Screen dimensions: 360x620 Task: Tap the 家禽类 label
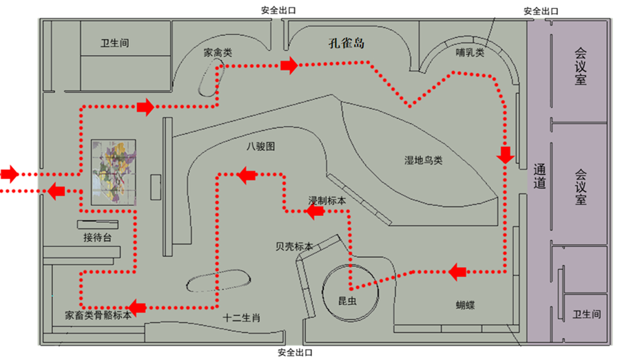click(x=218, y=52)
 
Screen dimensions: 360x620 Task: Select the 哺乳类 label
click(x=471, y=52)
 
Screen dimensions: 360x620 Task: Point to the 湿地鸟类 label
click(x=423, y=160)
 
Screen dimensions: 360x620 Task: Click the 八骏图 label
click(x=260, y=147)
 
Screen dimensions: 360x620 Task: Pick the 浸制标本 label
click(x=327, y=200)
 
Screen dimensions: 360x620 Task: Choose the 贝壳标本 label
click(x=293, y=246)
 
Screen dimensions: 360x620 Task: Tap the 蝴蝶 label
click(x=469, y=304)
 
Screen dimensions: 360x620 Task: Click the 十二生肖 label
click(x=241, y=318)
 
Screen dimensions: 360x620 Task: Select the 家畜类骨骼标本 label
click(x=98, y=317)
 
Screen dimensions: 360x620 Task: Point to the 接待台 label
click(x=97, y=237)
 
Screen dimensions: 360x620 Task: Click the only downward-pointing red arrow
click(x=506, y=155)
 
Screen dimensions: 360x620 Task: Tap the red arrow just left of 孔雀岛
click(x=289, y=65)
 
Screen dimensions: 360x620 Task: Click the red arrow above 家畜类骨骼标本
click(x=139, y=306)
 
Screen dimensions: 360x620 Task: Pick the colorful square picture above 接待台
click(x=114, y=172)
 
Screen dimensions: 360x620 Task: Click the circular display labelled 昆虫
click(x=350, y=290)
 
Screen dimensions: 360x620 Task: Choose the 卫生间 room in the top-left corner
click(x=114, y=43)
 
